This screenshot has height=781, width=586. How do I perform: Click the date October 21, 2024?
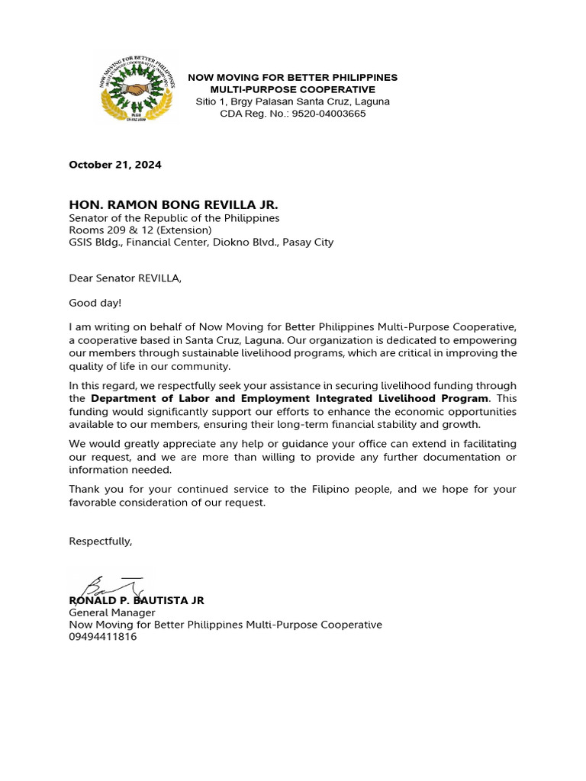[x=115, y=165]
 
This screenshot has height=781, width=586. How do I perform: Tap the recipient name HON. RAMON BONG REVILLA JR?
[x=173, y=204]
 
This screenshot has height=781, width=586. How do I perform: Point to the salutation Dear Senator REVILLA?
[x=125, y=278]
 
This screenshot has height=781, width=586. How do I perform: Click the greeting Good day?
[x=95, y=303]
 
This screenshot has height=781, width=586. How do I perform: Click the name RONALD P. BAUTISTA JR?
[x=137, y=600]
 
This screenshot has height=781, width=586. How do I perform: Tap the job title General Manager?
[x=112, y=612]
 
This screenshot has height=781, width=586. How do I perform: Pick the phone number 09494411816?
[x=103, y=637]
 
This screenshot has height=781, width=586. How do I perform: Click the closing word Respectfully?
[x=101, y=541]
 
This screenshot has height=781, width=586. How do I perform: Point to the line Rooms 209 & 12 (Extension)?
[x=140, y=230]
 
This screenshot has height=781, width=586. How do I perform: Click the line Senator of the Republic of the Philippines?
[x=174, y=218]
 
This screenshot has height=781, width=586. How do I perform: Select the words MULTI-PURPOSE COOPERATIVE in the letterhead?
[x=293, y=89]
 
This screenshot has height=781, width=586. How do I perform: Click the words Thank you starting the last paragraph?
[x=94, y=489]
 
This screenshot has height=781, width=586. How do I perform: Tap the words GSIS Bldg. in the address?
[x=96, y=243]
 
